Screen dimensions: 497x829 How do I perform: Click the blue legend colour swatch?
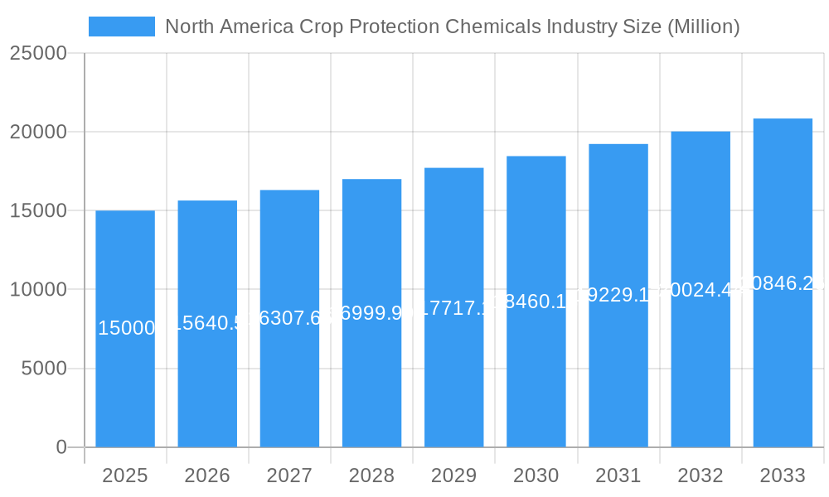coord(122,27)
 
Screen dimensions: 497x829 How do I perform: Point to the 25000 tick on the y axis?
coord(38,53)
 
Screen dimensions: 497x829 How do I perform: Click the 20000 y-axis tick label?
coord(38,132)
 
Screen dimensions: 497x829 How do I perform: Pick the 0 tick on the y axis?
coord(61,447)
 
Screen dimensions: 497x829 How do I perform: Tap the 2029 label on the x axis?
coord(453,475)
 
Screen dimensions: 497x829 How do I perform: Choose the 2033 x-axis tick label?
coord(783,475)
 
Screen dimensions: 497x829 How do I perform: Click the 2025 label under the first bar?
coord(125,475)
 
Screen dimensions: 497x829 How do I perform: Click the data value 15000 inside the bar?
coord(126,328)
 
